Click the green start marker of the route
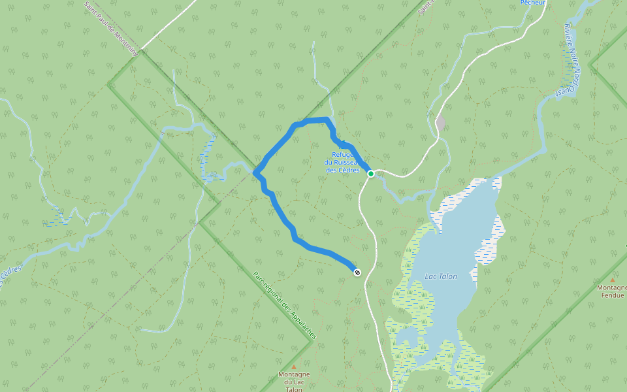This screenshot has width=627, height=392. [370, 173]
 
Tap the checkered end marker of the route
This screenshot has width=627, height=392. [357, 272]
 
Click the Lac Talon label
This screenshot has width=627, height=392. [441, 276]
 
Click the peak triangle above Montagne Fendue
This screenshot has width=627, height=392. [613, 280]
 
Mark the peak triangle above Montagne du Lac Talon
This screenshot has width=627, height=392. [294, 367]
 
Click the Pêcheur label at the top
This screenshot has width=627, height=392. [532, 3]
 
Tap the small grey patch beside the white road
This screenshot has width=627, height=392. [441, 122]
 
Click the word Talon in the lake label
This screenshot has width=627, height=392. [448, 276]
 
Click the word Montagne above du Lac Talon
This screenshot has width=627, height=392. [294, 375]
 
